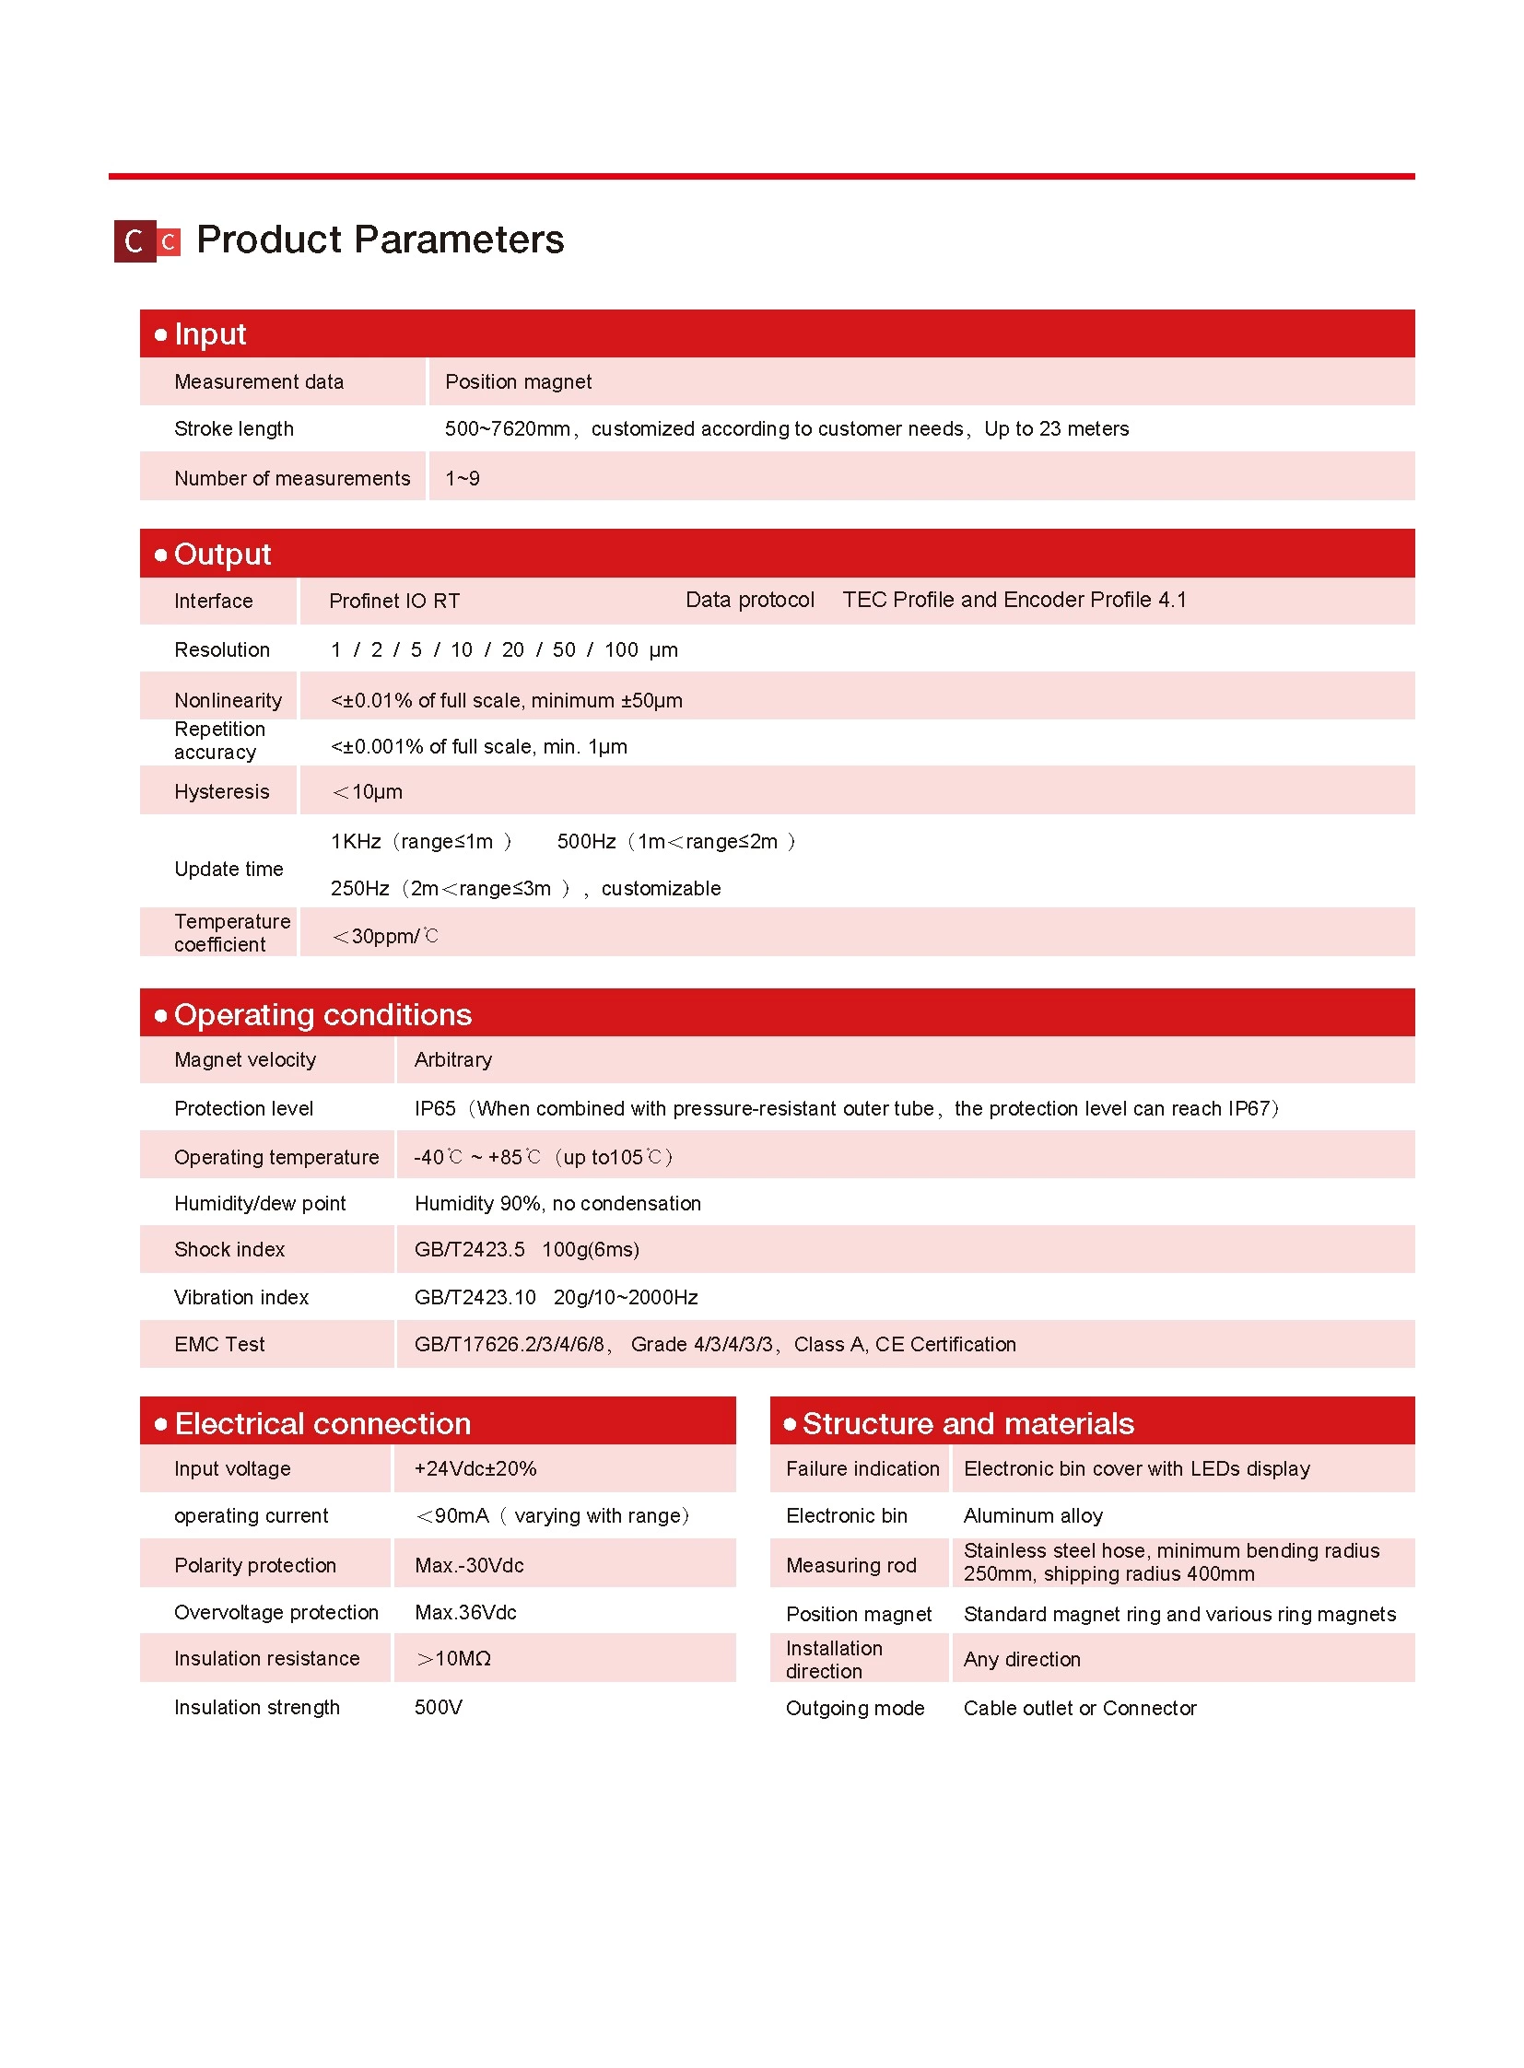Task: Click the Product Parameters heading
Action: (379, 240)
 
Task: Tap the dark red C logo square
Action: (135, 241)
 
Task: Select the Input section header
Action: (210, 333)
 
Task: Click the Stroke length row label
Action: (233, 429)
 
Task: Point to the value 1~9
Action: (463, 478)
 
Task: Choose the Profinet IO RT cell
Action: (394, 602)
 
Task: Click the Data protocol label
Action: (749, 601)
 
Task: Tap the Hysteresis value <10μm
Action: (367, 791)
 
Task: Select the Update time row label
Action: (229, 869)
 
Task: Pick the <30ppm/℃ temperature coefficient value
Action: (385, 936)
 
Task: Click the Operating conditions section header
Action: (322, 1014)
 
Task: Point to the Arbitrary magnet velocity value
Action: (453, 1060)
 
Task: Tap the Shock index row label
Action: (229, 1249)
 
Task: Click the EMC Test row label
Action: (219, 1344)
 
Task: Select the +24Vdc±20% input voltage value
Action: (475, 1468)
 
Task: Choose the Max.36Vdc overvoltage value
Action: (465, 1612)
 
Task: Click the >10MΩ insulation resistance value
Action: (453, 1658)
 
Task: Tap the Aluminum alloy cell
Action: (1032, 1515)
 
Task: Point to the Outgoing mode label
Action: (854, 1708)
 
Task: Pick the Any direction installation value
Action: (1021, 1659)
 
